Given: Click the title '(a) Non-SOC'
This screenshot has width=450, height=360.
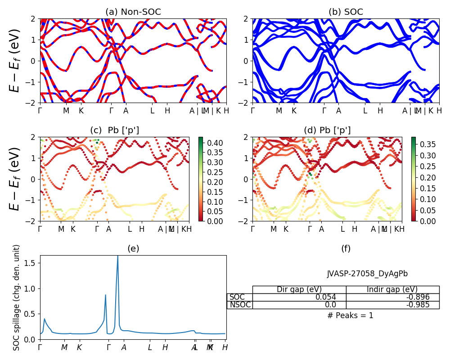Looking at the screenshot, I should (133, 12).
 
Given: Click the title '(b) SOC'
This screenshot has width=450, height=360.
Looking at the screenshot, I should (346, 12).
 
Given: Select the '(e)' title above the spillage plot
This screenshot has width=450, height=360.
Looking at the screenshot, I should (133, 248).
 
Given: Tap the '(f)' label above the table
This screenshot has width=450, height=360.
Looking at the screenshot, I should (346, 248).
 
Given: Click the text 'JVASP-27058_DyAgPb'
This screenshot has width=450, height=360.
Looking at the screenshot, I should (367, 274).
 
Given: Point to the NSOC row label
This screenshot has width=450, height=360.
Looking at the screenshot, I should (240, 305).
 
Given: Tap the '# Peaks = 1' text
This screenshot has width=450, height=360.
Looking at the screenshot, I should (350, 315).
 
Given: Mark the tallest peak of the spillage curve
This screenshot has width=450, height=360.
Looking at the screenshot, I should (117, 256).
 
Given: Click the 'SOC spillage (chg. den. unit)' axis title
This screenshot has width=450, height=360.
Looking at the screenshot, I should (17, 297).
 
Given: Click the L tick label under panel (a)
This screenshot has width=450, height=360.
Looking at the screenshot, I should (152, 111).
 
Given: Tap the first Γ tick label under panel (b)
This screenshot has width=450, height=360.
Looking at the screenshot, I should (252, 111).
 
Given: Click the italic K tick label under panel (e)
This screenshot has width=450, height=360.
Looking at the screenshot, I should (79, 347).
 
